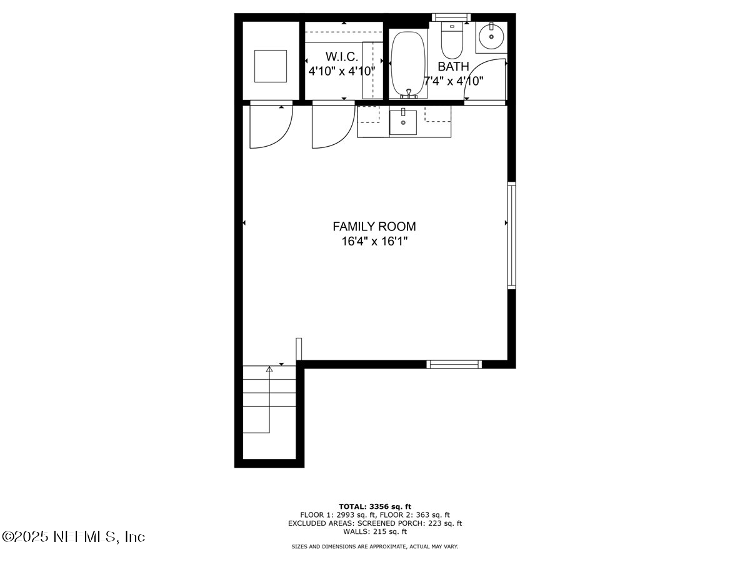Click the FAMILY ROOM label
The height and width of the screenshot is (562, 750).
click(x=374, y=227)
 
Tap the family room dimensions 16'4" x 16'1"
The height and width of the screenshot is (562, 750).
click(x=374, y=242)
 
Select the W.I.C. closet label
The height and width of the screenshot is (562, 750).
click(x=341, y=57)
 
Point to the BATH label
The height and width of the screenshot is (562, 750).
click(x=453, y=67)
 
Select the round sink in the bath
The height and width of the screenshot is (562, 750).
click(x=491, y=37)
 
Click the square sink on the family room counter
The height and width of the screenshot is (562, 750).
click(x=403, y=122)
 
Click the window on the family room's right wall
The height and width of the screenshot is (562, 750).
click(x=511, y=235)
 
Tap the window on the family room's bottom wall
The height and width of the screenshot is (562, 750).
click(x=454, y=364)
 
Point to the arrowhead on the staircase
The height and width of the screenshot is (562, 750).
click(x=269, y=370)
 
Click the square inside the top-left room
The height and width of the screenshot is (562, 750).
click(x=271, y=66)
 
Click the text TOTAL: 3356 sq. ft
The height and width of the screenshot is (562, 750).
click(x=374, y=506)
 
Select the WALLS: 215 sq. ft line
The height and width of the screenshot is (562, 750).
click(x=374, y=531)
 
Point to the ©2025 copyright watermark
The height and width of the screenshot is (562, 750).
click(x=74, y=536)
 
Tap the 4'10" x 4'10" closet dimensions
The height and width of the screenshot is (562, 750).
click(x=341, y=71)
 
